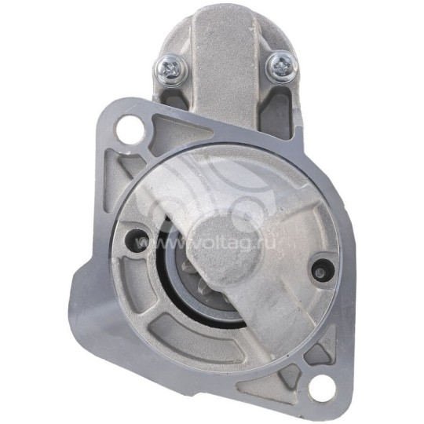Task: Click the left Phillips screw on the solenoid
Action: (x=169, y=67)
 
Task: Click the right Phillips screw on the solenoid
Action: (x=282, y=66)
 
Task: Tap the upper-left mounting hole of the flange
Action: (x=130, y=129)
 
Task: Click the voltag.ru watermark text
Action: (x=206, y=243)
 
